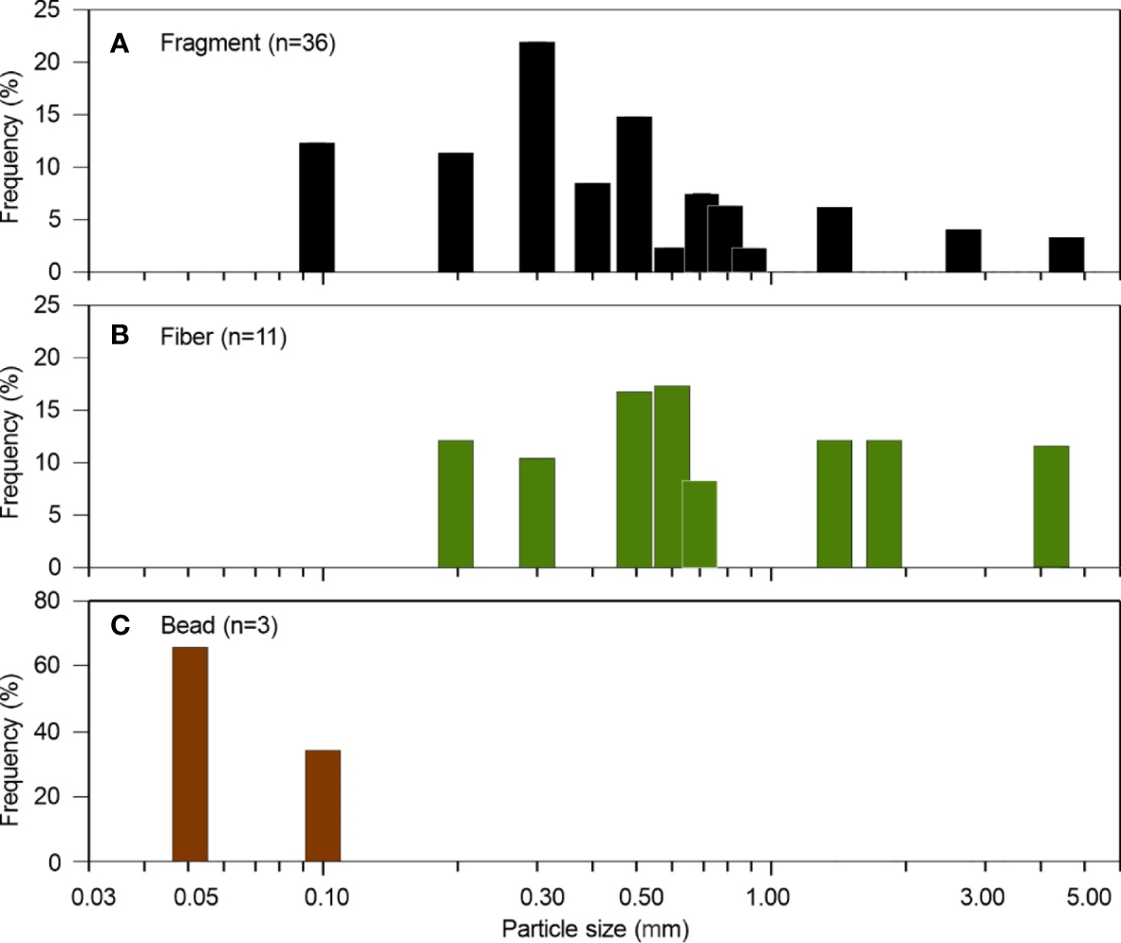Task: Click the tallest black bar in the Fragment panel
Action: (537, 157)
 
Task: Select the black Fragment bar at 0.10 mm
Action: (317, 208)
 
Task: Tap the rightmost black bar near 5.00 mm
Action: (1066, 255)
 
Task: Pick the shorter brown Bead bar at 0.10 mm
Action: (323, 806)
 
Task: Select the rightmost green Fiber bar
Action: (1051, 507)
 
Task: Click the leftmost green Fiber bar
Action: (456, 504)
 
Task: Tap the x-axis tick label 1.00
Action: (771, 897)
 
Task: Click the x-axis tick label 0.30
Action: (537, 897)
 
